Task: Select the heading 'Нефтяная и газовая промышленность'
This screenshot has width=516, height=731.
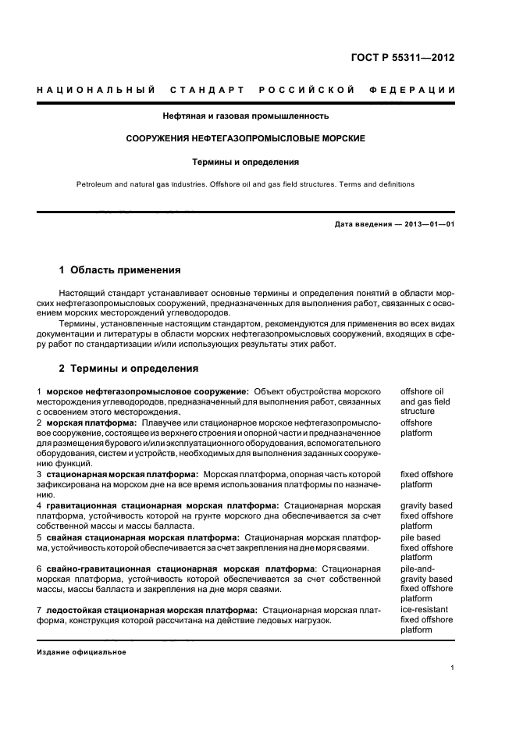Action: [245, 116]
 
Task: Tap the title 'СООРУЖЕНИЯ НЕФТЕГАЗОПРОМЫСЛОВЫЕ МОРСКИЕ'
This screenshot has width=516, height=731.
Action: [246, 139]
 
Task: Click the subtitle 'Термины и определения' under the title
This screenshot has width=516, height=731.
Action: [246, 162]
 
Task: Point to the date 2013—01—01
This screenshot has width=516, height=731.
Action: [429, 225]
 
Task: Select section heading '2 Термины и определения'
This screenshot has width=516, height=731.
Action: [129, 368]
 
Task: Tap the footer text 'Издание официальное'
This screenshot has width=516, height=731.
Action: [81, 651]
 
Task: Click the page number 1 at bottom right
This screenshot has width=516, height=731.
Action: [453, 668]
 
